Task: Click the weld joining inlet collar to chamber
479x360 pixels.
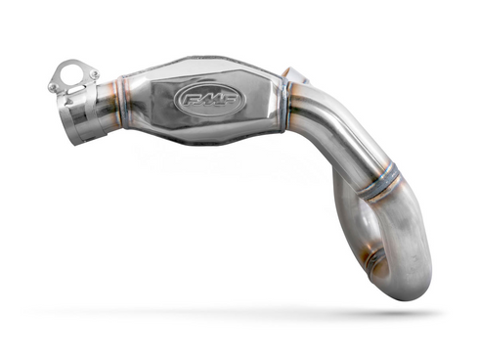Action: (x=117, y=104)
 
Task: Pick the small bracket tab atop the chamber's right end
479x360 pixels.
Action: (x=293, y=73)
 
